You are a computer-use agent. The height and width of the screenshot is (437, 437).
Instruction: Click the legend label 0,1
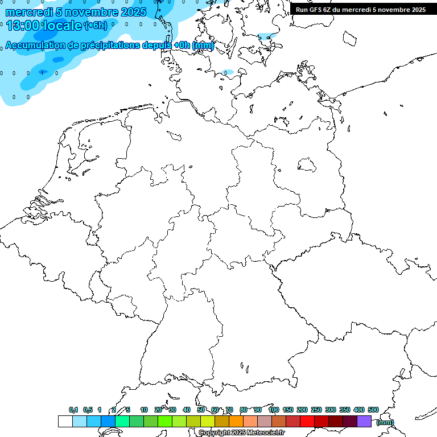73,410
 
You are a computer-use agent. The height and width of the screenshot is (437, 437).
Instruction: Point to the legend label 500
373,410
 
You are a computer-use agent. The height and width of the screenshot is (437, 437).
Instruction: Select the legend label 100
273,410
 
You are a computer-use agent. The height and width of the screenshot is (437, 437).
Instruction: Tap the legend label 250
316,410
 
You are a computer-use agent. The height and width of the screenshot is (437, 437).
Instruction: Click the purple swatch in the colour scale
364,422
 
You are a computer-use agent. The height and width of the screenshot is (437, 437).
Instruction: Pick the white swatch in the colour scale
65,422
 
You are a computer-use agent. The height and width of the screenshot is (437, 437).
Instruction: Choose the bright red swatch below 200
307,422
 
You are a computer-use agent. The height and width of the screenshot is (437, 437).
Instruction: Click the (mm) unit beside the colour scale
385,422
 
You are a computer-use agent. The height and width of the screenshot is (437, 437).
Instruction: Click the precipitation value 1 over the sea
42,73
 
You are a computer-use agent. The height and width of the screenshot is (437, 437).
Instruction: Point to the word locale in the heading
61,26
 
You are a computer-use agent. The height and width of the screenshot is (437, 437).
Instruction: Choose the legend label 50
201,410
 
